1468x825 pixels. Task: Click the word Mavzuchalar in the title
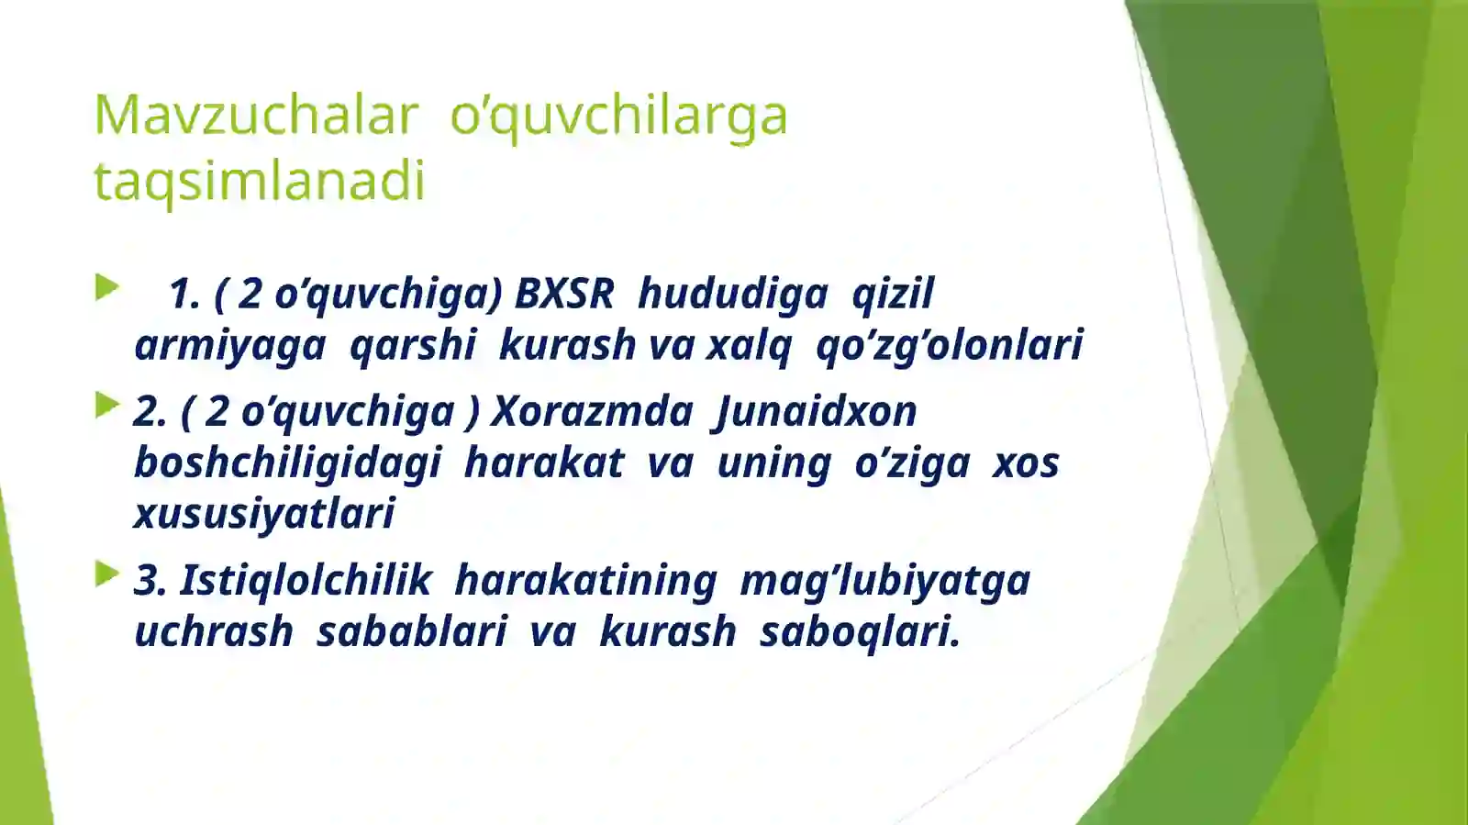click(x=256, y=116)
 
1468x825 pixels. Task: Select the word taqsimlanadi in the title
click(x=260, y=181)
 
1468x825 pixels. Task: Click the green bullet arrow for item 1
click(x=107, y=288)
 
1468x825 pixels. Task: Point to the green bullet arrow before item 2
click(x=107, y=405)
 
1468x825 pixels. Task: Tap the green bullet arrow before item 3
click(x=107, y=574)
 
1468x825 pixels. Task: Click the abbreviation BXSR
click(x=563, y=295)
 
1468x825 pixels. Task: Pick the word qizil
click(x=892, y=295)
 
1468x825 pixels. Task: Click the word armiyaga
click(x=229, y=346)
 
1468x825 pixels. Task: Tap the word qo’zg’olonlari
click(x=949, y=346)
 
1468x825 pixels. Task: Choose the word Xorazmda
click(x=592, y=411)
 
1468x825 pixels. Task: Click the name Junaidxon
click(x=815, y=411)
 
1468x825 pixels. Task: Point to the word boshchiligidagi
click(x=287, y=463)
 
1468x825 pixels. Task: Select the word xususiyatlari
click(x=264, y=514)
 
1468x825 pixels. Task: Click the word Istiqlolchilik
click(x=305, y=581)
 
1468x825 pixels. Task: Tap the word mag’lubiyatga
click(x=884, y=581)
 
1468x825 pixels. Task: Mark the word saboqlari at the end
click(x=859, y=632)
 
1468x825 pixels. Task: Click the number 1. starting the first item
click(x=184, y=295)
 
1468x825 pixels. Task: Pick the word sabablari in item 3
click(x=411, y=632)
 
